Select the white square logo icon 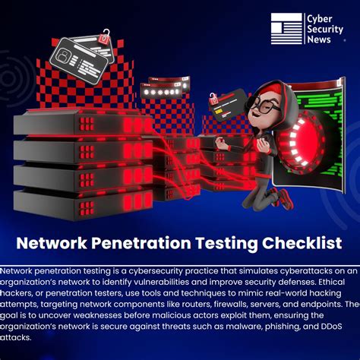pos(286,29)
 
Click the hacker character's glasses pos(262,106)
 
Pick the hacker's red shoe pos(284,198)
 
